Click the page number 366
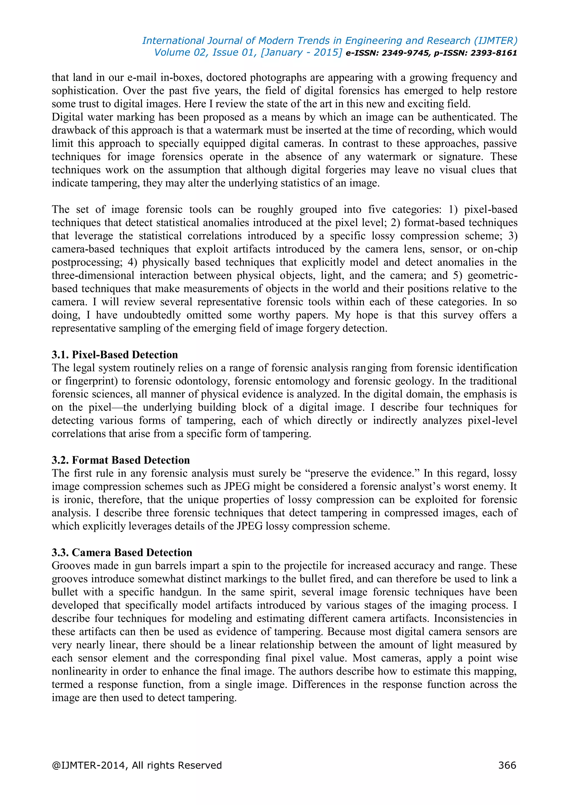[507, 765]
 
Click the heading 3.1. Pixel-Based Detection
[114, 354]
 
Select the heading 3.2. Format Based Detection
[121, 460]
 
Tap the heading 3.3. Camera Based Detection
[122, 552]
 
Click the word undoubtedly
[152, 315]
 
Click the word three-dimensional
[93, 275]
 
